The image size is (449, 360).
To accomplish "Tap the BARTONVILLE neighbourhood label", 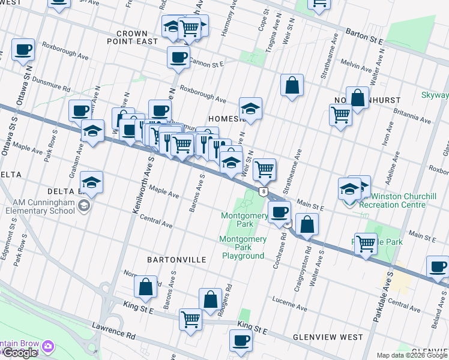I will point(176,260).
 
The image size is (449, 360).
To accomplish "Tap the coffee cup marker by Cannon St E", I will point(178,58).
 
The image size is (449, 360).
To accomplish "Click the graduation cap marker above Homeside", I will point(250,109).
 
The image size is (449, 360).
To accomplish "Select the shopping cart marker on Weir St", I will point(264,169).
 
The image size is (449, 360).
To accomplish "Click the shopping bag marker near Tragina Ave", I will point(292,85).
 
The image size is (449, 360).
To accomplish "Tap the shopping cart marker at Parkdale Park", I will point(366,244).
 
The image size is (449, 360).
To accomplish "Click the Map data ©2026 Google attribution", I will point(412,355).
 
